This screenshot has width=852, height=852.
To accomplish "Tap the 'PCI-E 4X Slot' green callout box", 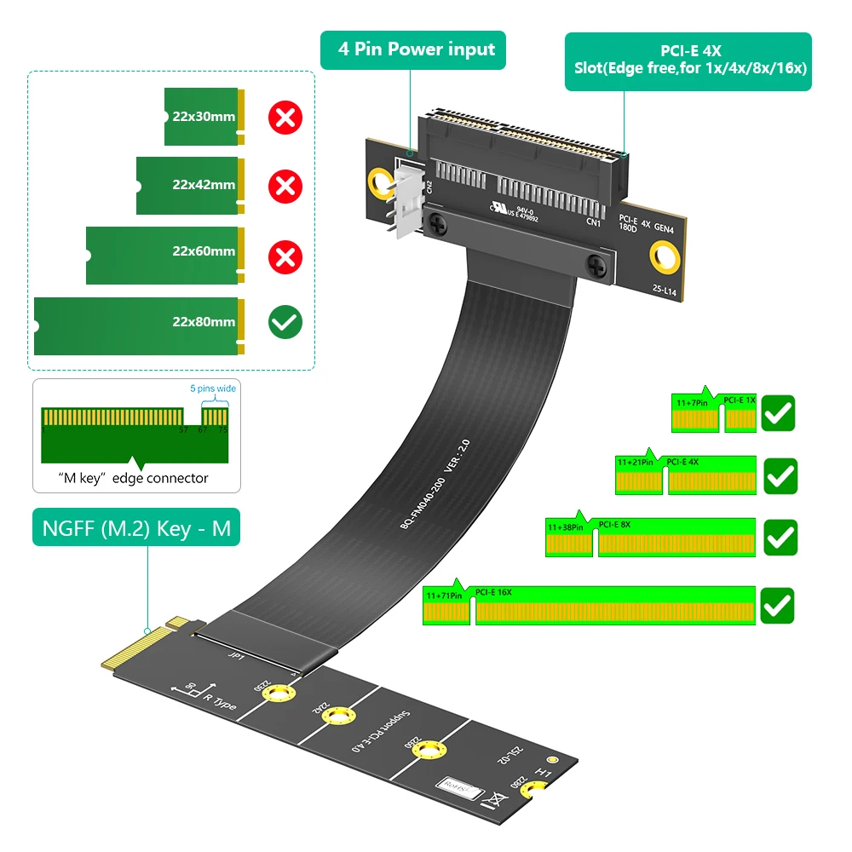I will [x=688, y=61].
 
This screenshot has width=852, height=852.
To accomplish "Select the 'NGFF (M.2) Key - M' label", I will [x=136, y=528].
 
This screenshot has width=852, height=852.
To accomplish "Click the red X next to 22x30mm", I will [x=285, y=117].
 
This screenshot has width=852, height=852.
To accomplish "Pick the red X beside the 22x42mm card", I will [x=285, y=185].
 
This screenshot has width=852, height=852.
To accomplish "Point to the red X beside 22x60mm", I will [x=285, y=253].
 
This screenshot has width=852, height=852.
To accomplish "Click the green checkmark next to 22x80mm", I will [x=285, y=322].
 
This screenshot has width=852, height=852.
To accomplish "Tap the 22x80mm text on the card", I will [x=203, y=322].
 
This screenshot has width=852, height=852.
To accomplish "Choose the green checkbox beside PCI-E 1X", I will [x=779, y=412].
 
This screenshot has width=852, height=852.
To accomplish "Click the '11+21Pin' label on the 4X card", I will [x=635, y=463].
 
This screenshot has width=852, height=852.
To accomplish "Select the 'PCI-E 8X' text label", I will [x=615, y=524].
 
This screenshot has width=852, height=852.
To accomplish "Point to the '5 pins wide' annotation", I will [x=212, y=389].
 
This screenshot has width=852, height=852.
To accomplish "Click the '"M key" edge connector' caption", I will [x=133, y=478].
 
